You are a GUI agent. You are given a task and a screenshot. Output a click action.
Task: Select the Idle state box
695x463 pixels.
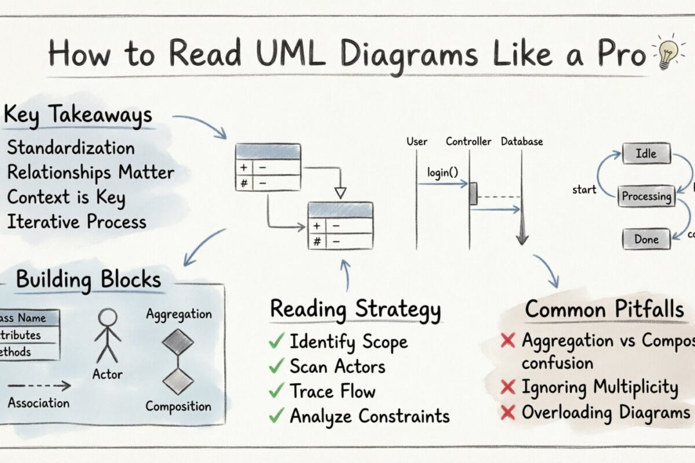(647, 154)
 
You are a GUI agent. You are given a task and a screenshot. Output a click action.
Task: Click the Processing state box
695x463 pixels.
(646, 196)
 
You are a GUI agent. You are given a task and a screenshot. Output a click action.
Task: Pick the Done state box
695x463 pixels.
(646, 239)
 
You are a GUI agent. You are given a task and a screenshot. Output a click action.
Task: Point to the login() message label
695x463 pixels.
(443, 172)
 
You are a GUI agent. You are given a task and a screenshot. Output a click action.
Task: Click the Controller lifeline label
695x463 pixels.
(469, 141)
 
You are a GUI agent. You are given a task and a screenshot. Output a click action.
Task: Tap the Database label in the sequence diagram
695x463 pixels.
(522, 141)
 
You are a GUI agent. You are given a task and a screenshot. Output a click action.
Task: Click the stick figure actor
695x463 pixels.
(107, 336)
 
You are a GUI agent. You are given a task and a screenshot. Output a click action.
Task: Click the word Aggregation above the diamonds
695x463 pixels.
(178, 314)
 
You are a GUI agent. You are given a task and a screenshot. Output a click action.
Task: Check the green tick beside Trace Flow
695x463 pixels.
(276, 391)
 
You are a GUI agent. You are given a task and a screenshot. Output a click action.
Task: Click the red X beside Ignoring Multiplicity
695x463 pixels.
(508, 387)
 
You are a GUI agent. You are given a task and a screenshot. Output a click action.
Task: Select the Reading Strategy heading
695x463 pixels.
(355, 308)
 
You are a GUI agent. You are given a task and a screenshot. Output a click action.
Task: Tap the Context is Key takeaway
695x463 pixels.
(66, 197)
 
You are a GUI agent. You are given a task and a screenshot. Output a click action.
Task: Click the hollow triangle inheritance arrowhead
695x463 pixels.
(341, 193)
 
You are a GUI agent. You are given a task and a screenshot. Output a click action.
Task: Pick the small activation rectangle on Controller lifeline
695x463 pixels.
(473, 193)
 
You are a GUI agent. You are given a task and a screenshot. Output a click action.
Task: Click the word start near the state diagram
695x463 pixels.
(584, 190)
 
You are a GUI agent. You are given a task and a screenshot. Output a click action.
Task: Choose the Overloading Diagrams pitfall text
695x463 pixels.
(605, 413)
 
